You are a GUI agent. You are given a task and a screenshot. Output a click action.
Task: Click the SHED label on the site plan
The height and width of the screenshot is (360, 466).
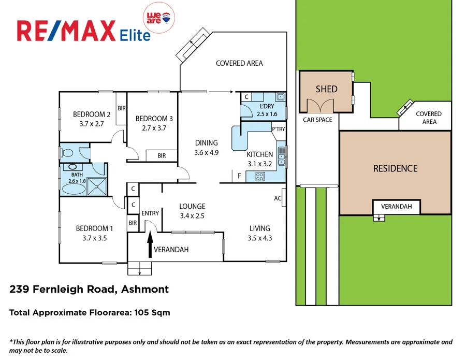326,89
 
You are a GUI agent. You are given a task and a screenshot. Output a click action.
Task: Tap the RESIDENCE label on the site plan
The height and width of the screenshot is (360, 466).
395,168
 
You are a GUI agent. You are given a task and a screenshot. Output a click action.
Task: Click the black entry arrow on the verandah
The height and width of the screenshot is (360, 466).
151,244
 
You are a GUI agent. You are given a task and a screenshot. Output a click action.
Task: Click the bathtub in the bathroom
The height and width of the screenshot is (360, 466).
72,188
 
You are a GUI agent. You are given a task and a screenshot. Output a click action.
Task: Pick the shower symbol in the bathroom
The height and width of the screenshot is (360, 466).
95,186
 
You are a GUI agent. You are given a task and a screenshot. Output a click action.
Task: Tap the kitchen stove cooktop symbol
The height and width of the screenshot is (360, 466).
259,177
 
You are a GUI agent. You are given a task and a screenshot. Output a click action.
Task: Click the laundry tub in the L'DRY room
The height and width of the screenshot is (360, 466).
280,96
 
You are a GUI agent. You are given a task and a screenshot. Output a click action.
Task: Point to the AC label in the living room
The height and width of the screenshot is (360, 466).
278,198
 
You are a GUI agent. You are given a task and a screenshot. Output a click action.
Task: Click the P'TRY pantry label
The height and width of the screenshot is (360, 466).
278,129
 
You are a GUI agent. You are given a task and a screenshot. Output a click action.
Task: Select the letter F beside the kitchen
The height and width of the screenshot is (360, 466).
239,176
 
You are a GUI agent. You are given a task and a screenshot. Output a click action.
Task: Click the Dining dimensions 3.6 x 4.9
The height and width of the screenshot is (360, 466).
206,153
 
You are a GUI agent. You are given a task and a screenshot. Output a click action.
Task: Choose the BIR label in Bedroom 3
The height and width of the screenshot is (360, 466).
161,155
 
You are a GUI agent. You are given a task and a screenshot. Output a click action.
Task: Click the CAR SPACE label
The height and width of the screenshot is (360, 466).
317,120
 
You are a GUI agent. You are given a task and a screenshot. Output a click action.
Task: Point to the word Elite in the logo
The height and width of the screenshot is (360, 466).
134,35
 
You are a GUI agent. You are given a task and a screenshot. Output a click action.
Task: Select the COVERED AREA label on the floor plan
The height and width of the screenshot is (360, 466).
239,63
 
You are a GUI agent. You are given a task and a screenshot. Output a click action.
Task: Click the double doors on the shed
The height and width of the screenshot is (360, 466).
319,106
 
